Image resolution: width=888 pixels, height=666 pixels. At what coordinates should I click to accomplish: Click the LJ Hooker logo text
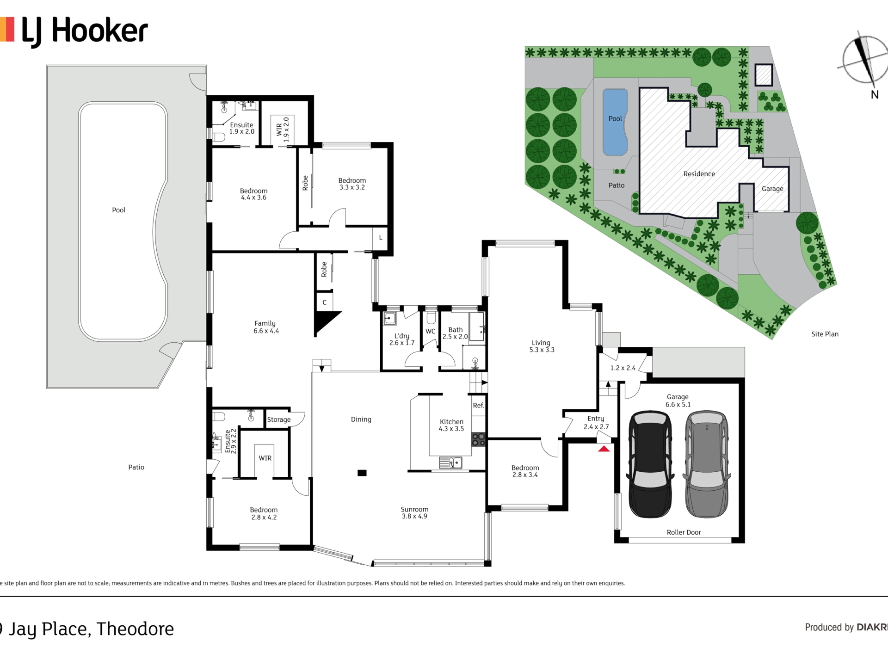(85, 31)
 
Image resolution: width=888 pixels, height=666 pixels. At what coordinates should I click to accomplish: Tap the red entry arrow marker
(604, 448)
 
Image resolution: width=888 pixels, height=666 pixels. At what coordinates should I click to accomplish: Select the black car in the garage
(650, 464)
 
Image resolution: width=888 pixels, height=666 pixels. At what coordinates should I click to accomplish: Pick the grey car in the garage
(707, 464)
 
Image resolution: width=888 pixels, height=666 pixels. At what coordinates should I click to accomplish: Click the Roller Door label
(684, 532)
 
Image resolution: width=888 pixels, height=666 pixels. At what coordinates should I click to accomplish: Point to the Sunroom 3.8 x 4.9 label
(414, 512)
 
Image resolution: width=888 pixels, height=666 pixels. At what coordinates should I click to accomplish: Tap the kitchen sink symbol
(450, 462)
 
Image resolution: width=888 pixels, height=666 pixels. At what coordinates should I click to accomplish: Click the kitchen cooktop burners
(478, 439)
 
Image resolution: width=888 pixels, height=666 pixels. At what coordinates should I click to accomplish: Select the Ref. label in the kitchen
(479, 406)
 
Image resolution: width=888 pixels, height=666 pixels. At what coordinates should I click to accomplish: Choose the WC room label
(430, 331)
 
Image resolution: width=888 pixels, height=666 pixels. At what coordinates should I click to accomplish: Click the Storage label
(279, 419)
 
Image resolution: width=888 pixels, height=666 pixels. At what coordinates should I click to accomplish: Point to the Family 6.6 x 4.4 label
(266, 327)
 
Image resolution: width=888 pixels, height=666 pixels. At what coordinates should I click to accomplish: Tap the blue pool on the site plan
(615, 122)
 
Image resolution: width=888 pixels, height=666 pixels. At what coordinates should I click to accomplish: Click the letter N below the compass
(875, 94)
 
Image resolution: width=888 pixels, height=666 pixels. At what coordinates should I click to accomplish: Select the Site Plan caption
(825, 334)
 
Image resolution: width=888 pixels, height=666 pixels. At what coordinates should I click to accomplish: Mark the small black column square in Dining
(362, 473)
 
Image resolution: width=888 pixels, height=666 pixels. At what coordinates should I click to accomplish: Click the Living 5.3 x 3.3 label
(542, 346)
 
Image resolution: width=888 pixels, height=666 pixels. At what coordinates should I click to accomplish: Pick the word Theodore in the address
(135, 629)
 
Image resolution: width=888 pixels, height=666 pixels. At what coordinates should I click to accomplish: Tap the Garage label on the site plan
(772, 189)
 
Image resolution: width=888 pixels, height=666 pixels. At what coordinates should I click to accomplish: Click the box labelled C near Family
(324, 302)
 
